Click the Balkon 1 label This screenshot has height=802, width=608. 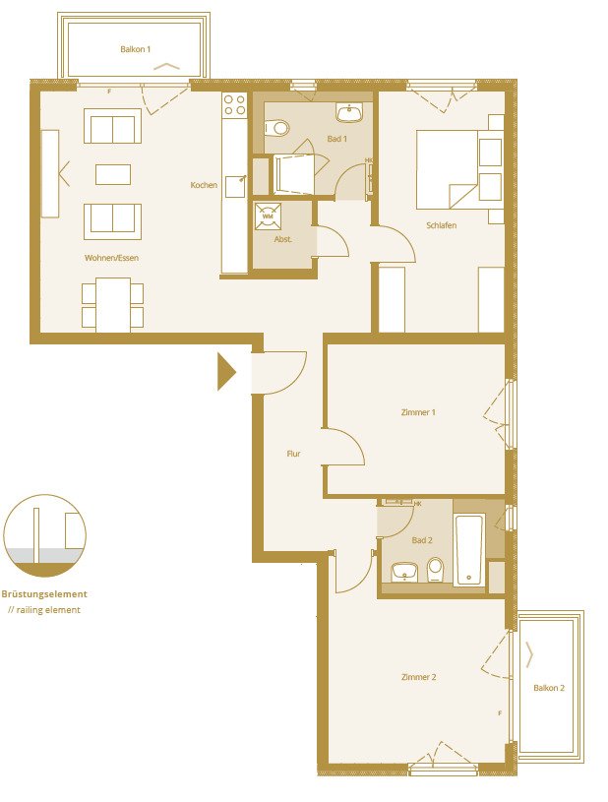(135, 48)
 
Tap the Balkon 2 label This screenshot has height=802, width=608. (549, 688)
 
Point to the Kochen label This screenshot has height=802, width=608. (204, 185)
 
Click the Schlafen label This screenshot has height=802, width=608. (441, 225)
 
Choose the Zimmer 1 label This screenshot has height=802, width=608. (418, 412)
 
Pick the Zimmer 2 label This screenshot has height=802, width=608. (418, 677)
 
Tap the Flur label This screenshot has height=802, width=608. (293, 454)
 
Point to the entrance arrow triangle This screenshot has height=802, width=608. (226, 372)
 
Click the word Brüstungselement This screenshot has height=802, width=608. (44, 594)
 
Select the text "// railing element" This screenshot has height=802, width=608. (44, 610)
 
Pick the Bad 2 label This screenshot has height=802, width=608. (422, 541)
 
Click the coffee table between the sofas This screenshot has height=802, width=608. (112, 174)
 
